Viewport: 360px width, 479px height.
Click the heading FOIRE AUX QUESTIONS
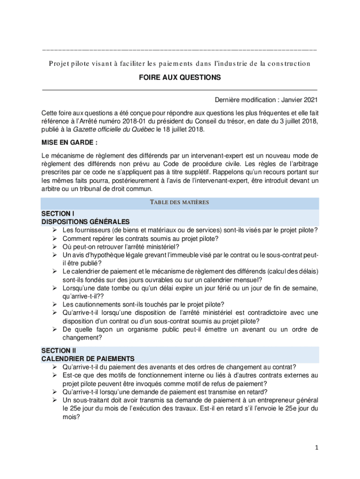click(x=180, y=78)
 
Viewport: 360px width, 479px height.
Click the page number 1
click(x=316, y=448)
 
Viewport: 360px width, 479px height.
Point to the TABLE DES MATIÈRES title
click(x=180, y=203)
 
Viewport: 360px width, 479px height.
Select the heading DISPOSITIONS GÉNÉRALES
click(x=86, y=221)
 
